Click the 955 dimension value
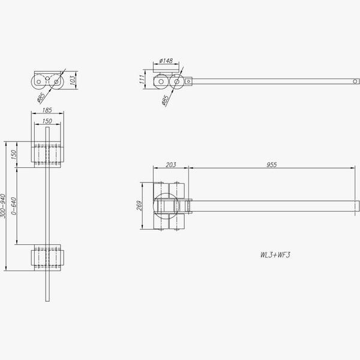click(272, 164)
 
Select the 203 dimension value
click(171, 164)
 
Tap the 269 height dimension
click(139, 205)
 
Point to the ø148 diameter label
click(166, 61)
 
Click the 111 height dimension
click(142, 79)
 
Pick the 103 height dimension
click(72, 80)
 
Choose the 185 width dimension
click(47, 110)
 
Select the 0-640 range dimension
click(14, 206)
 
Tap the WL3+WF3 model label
click(275, 255)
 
